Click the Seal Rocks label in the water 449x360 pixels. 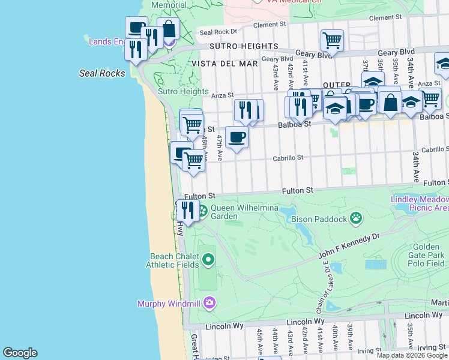pos(103,73)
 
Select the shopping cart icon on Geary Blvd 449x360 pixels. pos(332,41)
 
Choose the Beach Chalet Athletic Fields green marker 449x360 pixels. pos(208,260)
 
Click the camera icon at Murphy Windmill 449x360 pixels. pos(209,302)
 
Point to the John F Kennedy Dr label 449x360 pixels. pos(350,246)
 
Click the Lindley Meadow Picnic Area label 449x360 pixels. pos(420,203)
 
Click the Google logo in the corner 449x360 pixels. pos(20,353)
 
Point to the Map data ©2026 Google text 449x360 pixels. pos(412,355)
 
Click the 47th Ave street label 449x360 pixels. pos(220,148)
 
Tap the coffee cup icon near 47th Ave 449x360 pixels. pos(237,137)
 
